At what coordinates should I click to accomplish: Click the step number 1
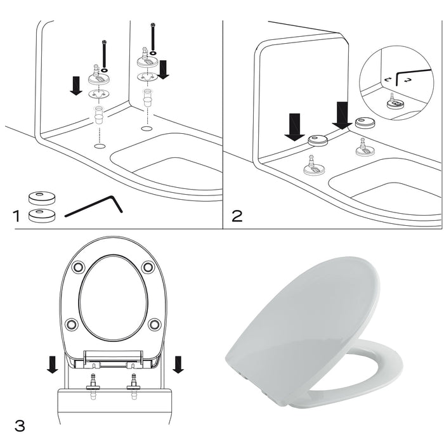[x=17, y=217]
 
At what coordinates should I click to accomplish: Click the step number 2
[x=236, y=216]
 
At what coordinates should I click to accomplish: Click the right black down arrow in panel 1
[x=163, y=67]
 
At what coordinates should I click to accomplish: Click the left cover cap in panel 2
[x=318, y=141]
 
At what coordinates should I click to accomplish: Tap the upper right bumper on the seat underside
[x=148, y=268]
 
